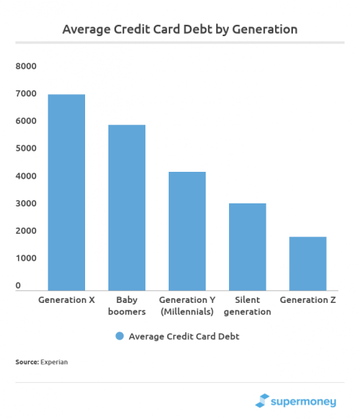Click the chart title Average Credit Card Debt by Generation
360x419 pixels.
180,29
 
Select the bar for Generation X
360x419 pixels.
66,192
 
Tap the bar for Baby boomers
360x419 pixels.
127,207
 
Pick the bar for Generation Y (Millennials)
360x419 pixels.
187,231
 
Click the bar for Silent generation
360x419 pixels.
247,246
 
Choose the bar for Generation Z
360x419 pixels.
307,263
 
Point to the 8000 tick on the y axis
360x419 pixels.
26,66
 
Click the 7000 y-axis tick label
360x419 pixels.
26,93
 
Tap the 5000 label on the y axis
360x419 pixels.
26,148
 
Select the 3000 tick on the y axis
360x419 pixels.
26,203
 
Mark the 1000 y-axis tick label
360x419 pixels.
26,258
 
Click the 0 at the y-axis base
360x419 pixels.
18,286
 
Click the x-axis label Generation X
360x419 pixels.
66,300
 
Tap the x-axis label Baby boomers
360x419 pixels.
127,305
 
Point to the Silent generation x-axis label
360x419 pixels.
247,305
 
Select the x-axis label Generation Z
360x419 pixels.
307,300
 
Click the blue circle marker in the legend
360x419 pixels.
119,336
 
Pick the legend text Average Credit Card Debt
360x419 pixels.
185,336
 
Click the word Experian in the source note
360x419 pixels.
54,362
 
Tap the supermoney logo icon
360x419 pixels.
263,401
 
